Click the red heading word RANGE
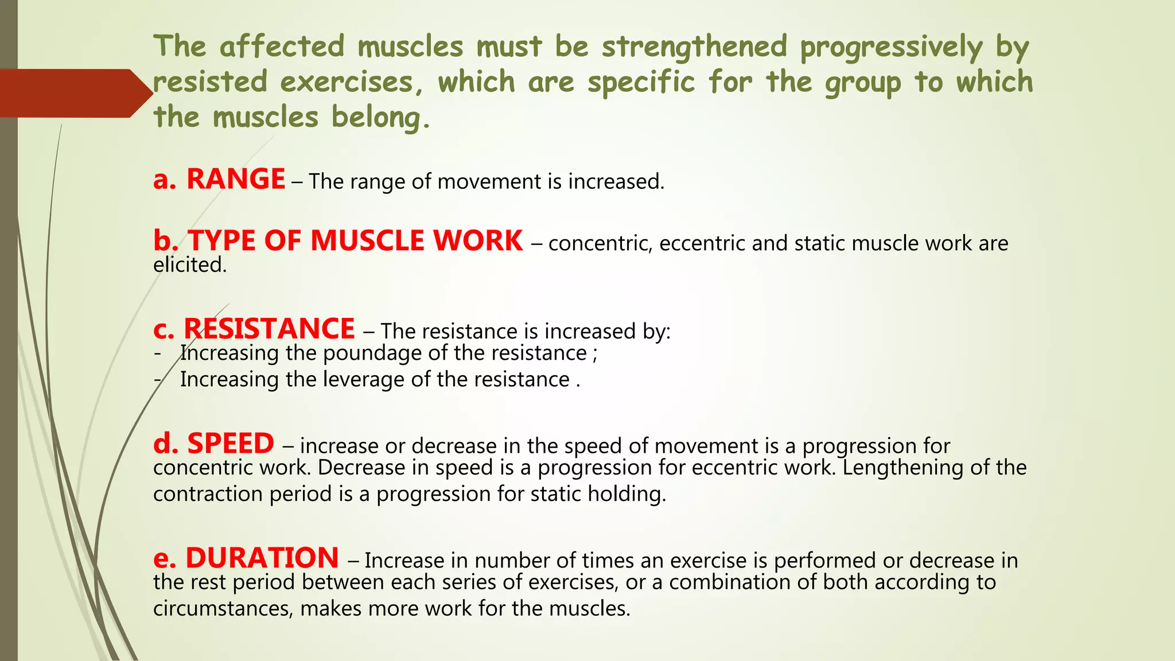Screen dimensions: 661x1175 (236, 180)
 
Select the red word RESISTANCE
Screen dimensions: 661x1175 (269, 329)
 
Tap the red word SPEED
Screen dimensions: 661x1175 (231, 444)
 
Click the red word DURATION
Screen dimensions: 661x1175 (262, 558)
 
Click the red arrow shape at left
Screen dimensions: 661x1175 (75, 94)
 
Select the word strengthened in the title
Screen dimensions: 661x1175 (694, 47)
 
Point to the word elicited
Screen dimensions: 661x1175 (190, 265)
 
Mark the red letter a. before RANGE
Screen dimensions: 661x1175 (165, 180)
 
